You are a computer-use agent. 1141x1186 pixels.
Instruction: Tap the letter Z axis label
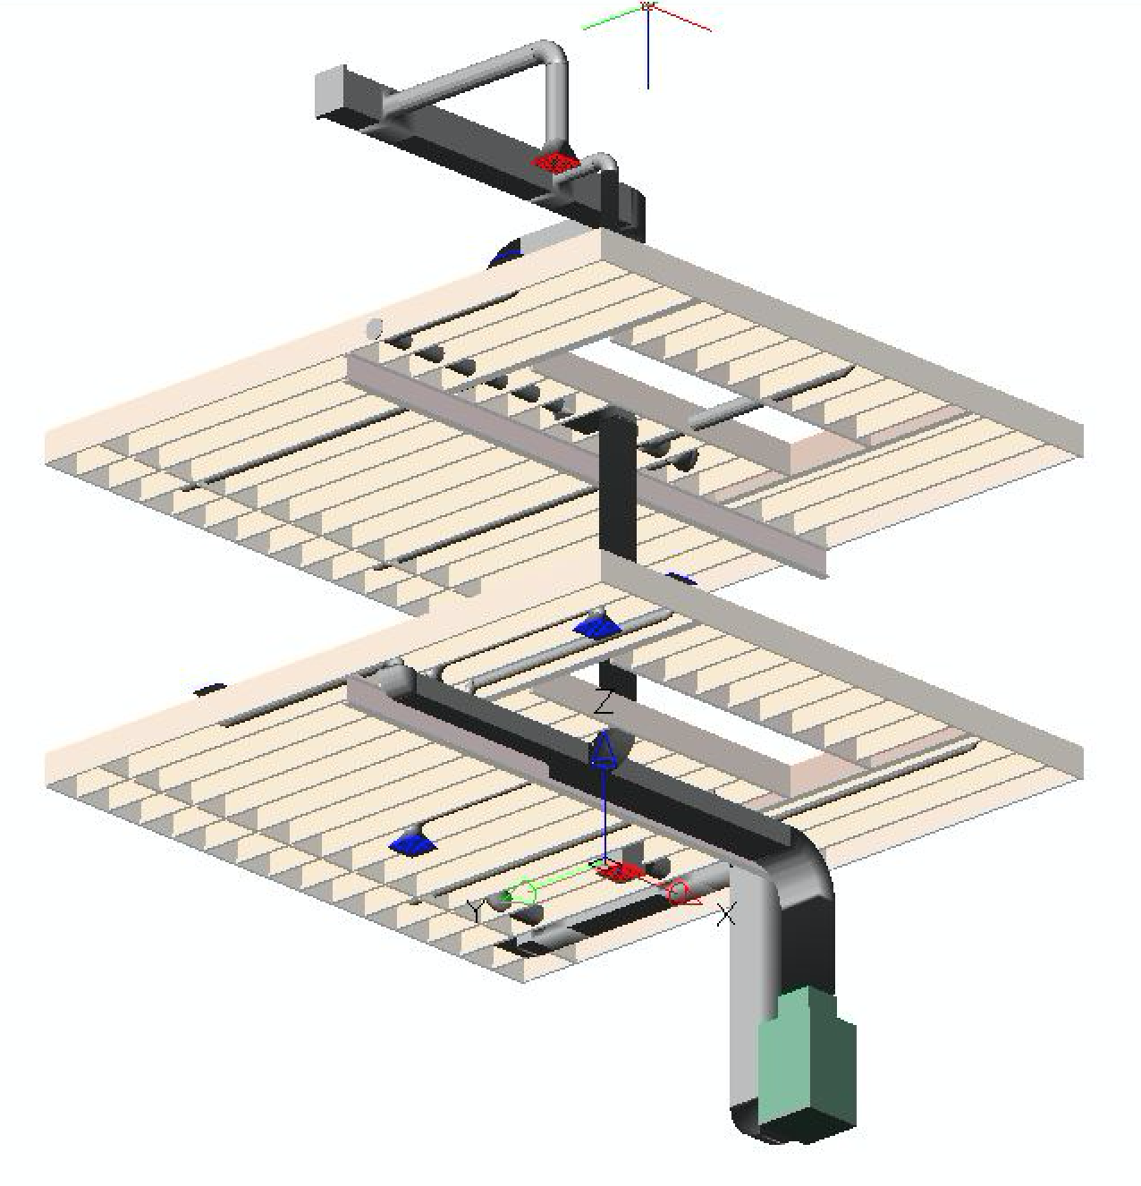(x=603, y=702)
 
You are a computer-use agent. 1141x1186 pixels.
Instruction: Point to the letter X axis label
(x=725, y=914)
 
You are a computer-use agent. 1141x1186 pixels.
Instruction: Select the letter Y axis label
(x=475, y=911)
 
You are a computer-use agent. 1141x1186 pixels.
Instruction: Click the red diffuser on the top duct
(x=554, y=162)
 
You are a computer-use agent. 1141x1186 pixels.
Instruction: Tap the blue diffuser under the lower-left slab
(x=413, y=844)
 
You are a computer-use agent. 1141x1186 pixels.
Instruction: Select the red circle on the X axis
(x=679, y=892)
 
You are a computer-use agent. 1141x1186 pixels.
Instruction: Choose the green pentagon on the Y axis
(x=522, y=893)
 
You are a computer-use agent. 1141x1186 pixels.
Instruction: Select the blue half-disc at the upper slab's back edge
(x=505, y=255)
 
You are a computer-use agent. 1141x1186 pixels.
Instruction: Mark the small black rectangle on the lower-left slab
(x=209, y=689)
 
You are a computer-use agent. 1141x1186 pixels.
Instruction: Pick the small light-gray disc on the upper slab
(x=375, y=328)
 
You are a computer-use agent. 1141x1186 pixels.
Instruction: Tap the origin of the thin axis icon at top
(x=647, y=6)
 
